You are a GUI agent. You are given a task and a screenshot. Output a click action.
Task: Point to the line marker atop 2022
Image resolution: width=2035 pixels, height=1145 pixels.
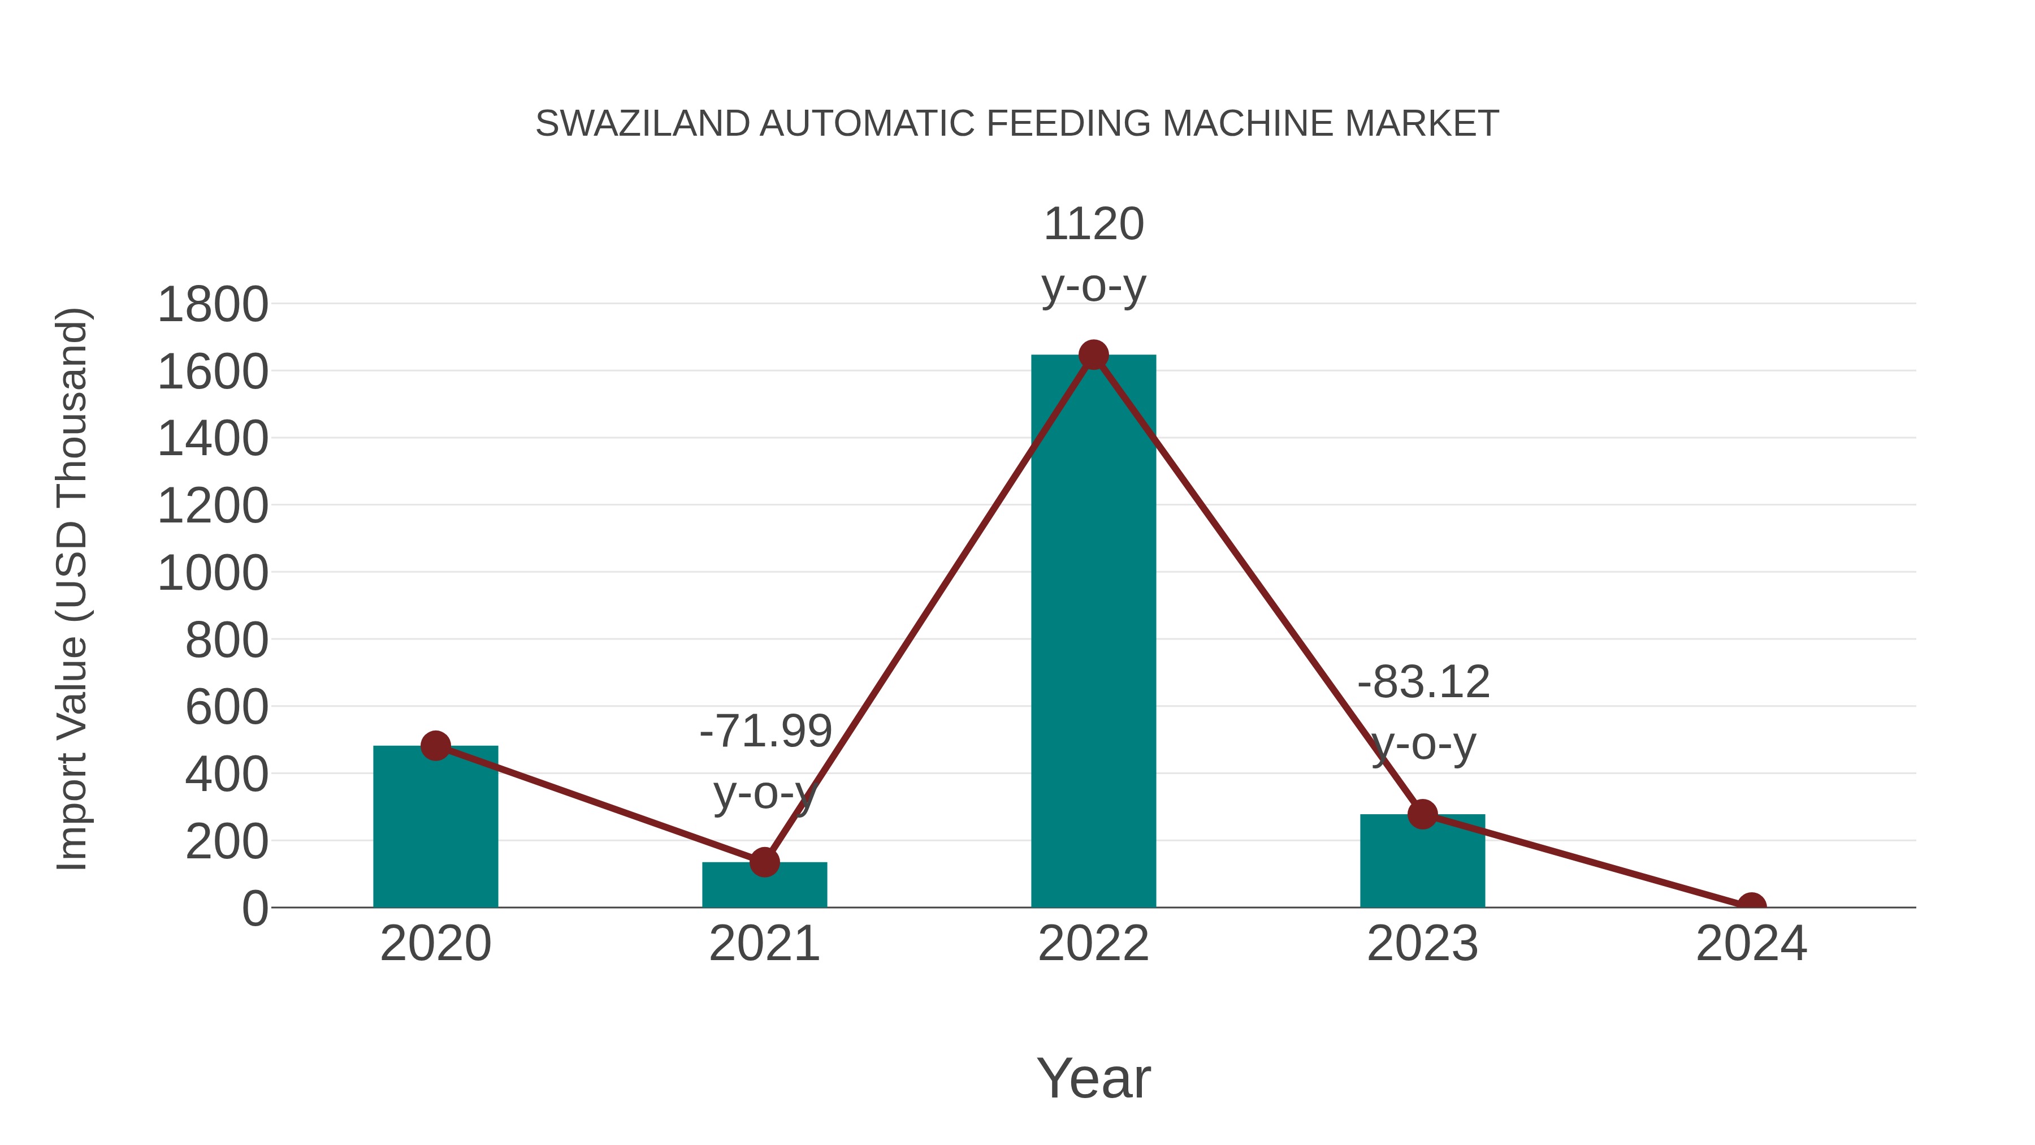(1093, 355)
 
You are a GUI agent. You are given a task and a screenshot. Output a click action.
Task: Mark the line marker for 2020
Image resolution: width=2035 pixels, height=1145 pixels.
(435, 745)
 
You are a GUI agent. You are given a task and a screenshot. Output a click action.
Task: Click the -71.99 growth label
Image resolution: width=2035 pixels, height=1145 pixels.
(765, 731)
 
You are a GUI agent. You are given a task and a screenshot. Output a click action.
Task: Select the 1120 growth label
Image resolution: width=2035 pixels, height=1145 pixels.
(1093, 224)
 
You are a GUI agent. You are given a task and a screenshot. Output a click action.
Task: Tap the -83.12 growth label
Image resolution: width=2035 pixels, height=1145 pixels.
(1423, 682)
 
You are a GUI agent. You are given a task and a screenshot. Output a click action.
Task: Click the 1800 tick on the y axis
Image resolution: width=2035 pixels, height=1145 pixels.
(213, 305)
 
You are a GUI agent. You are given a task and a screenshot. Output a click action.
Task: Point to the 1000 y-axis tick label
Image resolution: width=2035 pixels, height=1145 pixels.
(213, 574)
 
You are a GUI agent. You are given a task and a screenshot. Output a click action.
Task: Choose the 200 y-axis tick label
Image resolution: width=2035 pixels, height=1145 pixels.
(227, 842)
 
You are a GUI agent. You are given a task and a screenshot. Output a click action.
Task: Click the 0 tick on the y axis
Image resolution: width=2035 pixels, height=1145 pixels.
(255, 909)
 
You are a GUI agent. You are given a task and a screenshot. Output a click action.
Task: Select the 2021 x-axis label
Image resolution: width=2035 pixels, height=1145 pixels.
(764, 944)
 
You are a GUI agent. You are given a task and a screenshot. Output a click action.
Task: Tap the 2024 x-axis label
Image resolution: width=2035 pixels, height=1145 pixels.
(1751, 944)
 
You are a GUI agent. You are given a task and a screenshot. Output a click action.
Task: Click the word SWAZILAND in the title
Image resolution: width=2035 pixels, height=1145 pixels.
(642, 124)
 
